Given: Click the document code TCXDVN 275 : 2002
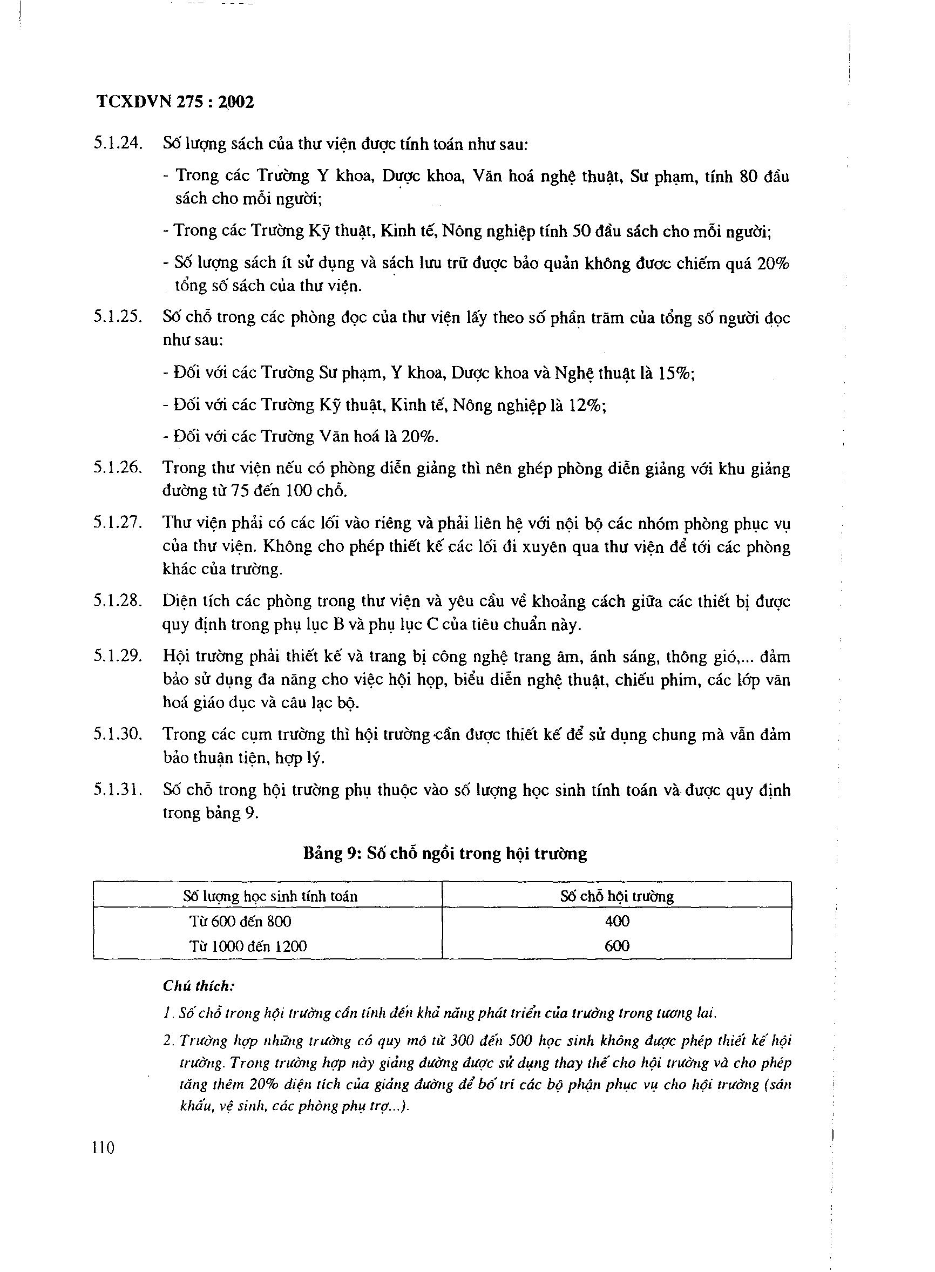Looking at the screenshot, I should pyautogui.click(x=175, y=103).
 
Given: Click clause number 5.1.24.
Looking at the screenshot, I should pyautogui.click(x=118, y=143).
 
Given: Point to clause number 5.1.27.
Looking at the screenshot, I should pyautogui.click(x=118, y=523).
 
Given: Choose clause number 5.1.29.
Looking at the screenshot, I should pyautogui.click(x=118, y=656).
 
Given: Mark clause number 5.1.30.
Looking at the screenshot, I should pyautogui.click(x=118, y=734).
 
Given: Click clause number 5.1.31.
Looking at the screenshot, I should pyautogui.click(x=118, y=790).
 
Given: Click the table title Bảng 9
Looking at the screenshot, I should pyautogui.click(x=444, y=853).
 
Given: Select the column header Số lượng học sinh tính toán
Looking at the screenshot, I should pyautogui.click(x=270, y=897).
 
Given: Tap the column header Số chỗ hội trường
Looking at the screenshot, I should pyautogui.click(x=617, y=897).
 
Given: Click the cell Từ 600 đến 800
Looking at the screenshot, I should pyautogui.click(x=241, y=922).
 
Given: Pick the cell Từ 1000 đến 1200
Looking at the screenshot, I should pyautogui.click(x=248, y=946).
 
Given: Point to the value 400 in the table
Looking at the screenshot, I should pyautogui.click(x=617, y=922).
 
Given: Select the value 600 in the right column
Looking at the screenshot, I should pyautogui.click(x=617, y=946).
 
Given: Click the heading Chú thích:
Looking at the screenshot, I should pyautogui.click(x=199, y=986).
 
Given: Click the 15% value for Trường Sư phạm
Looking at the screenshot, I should pyautogui.click(x=674, y=374).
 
